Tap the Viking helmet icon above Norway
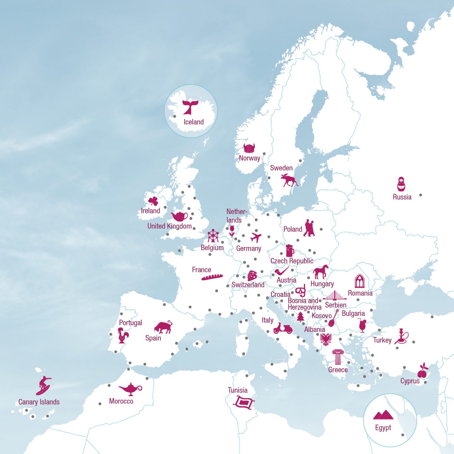coord(249,148)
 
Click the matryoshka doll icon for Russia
coord(401,184)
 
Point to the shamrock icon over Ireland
coord(153,201)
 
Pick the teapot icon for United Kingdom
coord(179,216)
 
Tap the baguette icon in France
coord(212,277)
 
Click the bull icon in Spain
coord(163,327)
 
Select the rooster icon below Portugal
coord(123,335)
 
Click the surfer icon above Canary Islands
coord(43,385)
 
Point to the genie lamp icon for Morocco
coord(130,389)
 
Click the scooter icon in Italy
coord(283,328)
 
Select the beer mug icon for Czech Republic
coord(289,251)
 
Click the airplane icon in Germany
coord(256,237)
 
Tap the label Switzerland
coord(248,285)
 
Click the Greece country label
coord(338,370)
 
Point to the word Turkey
coord(382,340)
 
